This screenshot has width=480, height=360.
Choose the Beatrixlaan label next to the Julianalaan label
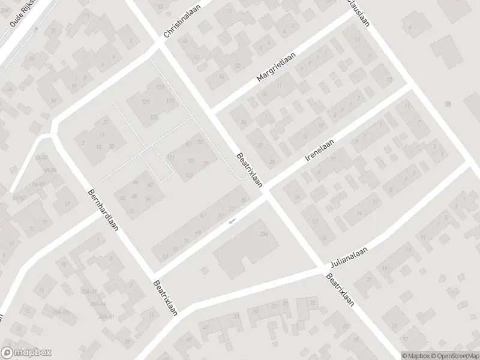click(x=340, y=290)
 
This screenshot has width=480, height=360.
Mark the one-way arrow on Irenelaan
click(x=232, y=221)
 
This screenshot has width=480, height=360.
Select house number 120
click(x=145, y=102)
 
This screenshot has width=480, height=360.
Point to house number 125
click(x=154, y=116)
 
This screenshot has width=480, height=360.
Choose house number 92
click(x=191, y=160)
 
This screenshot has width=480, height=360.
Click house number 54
click(x=147, y=199)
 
